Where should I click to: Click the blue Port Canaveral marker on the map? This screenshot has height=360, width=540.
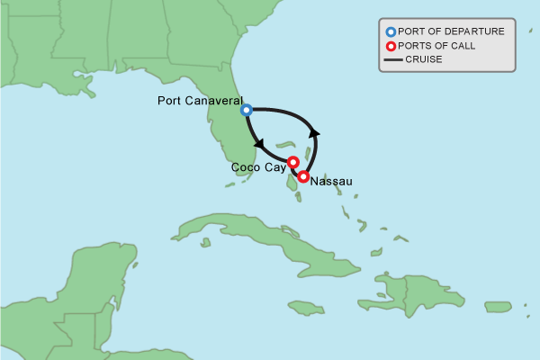click(x=247, y=110)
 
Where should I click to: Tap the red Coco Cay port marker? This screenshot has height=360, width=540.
click(x=292, y=162)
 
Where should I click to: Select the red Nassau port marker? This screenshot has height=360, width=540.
click(x=304, y=177)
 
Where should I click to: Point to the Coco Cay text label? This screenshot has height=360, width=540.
click(x=258, y=167)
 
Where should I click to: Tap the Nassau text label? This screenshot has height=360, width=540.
click(x=331, y=182)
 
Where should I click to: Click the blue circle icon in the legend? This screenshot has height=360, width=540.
click(x=391, y=31)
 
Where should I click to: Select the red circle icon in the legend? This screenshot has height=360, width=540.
click(x=391, y=46)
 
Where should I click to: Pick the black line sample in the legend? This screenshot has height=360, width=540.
click(x=391, y=60)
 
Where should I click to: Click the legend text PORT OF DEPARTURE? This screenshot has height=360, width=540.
click(x=451, y=31)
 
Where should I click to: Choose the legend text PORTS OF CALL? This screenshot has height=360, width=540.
click(x=437, y=46)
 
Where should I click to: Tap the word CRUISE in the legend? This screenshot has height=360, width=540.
click(x=424, y=60)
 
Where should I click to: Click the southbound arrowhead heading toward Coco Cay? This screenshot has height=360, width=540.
click(x=258, y=144)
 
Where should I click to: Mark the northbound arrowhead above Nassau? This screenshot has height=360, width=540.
click(x=314, y=132)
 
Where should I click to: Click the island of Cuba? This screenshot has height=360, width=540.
click(x=261, y=238)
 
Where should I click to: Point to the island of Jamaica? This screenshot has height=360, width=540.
click(x=306, y=308)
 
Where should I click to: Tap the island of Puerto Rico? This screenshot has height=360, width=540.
click(x=498, y=307)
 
